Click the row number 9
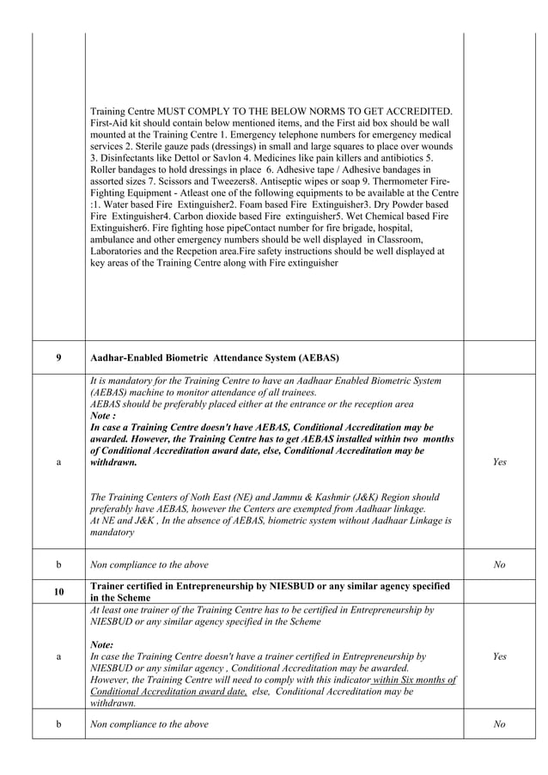[x=58, y=357]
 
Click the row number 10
[x=58, y=592]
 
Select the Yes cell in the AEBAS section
[x=500, y=462]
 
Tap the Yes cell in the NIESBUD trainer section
[x=500, y=656]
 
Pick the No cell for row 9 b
[x=500, y=564]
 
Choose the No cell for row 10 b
[x=500, y=724]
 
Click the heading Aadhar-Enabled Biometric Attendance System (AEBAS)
[x=214, y=357]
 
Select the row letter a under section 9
[x=58, y=462]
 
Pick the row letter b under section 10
[x=58, y=724]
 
